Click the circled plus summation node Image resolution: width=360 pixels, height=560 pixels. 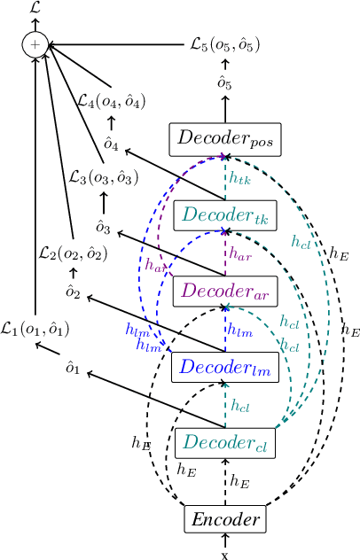tap(36, 43)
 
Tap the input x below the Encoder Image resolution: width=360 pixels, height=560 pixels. tap(224, 554)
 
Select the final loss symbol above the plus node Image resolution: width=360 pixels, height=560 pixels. tap(36, 8)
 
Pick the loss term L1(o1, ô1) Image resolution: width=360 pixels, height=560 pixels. tap(35, 329)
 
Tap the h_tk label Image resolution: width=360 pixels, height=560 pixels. tap(239, 178)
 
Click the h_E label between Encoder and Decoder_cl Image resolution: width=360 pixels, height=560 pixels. tap(239, 480)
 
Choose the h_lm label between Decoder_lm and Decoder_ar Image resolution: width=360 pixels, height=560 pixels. tap(239, 329)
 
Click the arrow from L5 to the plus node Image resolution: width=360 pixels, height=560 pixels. tap(115, 43)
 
